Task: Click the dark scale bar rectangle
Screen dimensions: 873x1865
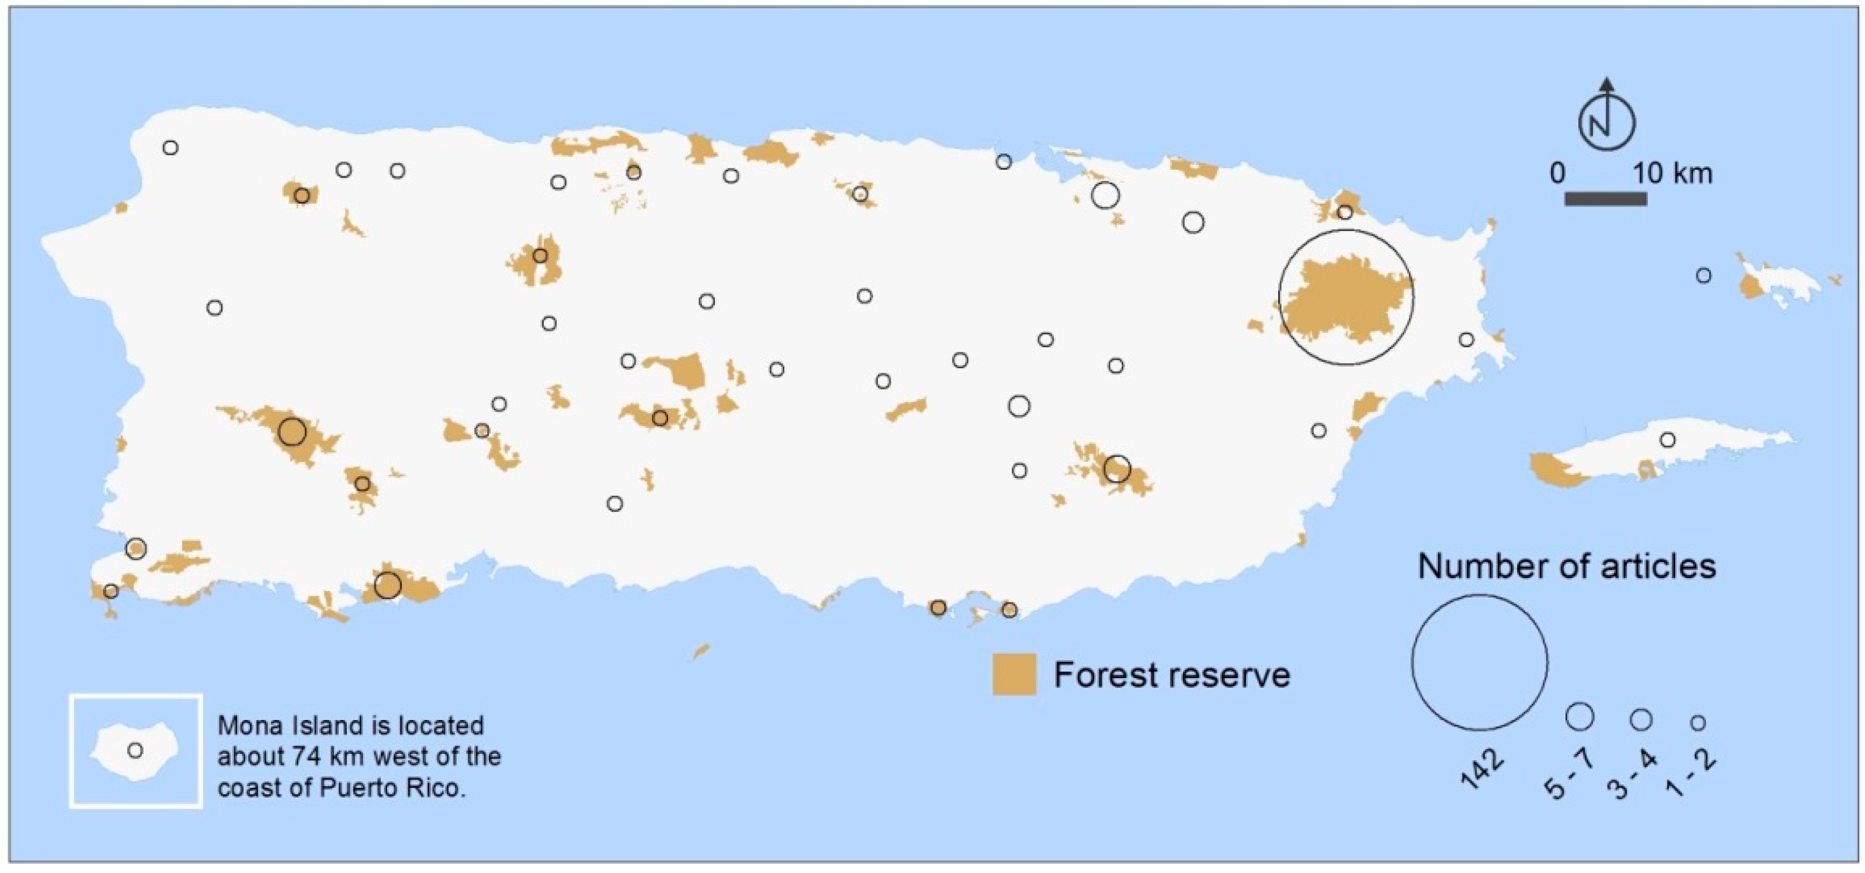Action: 1605,198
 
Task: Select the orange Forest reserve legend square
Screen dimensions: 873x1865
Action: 1014,674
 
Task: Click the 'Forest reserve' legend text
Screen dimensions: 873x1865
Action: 1171,675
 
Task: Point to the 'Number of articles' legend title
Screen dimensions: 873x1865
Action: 1566,566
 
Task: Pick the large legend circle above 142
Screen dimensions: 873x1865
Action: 1479,662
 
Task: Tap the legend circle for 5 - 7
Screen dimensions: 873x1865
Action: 1580,717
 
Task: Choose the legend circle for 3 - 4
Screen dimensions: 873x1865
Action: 1641,719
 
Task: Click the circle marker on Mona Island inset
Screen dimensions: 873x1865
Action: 135,750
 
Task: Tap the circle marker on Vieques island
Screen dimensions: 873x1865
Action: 1667,440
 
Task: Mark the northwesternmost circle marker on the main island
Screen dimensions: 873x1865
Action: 170,147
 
